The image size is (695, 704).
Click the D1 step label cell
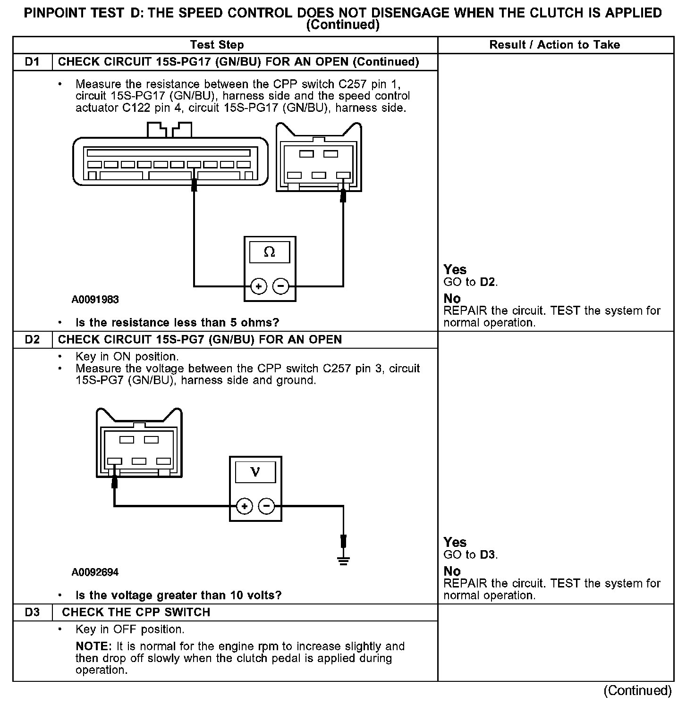pyautogui.click(x=32, y=62)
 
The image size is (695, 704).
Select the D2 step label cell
pyautogui.click(x=32, y=340)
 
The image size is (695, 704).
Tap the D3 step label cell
pyautogui.click(x=32, y=612)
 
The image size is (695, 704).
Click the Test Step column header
pyautogui.click(x=217, y=45)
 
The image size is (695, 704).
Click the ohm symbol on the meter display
pyautogui.click(x=270, y=252)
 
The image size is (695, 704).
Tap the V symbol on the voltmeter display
pyautogui.click(x=255, y=472)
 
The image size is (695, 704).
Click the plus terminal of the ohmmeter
pyautogui.click(x=259, y=286)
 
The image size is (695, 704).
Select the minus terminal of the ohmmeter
pyautogui.click(x=281, y=286)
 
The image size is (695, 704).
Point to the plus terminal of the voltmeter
pyautogui.click(x=245, y=507)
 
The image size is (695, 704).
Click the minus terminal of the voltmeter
pyautogui.click(x=267, y=507)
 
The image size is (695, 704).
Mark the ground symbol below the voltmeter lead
pyautogui.click(x=343, y=560)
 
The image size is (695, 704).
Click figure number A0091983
pyautogui.click(x=95, y=300)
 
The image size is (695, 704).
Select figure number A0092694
pyautogui.click(x=95, y=572)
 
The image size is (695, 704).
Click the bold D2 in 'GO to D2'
pyautogui.click(x=488, y=282)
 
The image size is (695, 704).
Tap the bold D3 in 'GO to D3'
pyautogui.click(x=488, y=555)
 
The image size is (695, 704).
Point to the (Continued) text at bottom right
pyautogui.click(x=637, y=691)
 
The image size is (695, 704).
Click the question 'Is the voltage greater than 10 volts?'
pyautogui.click(x=178, y=595)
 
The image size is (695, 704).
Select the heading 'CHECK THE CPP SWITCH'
pyautogui.click(x=136, y=612)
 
